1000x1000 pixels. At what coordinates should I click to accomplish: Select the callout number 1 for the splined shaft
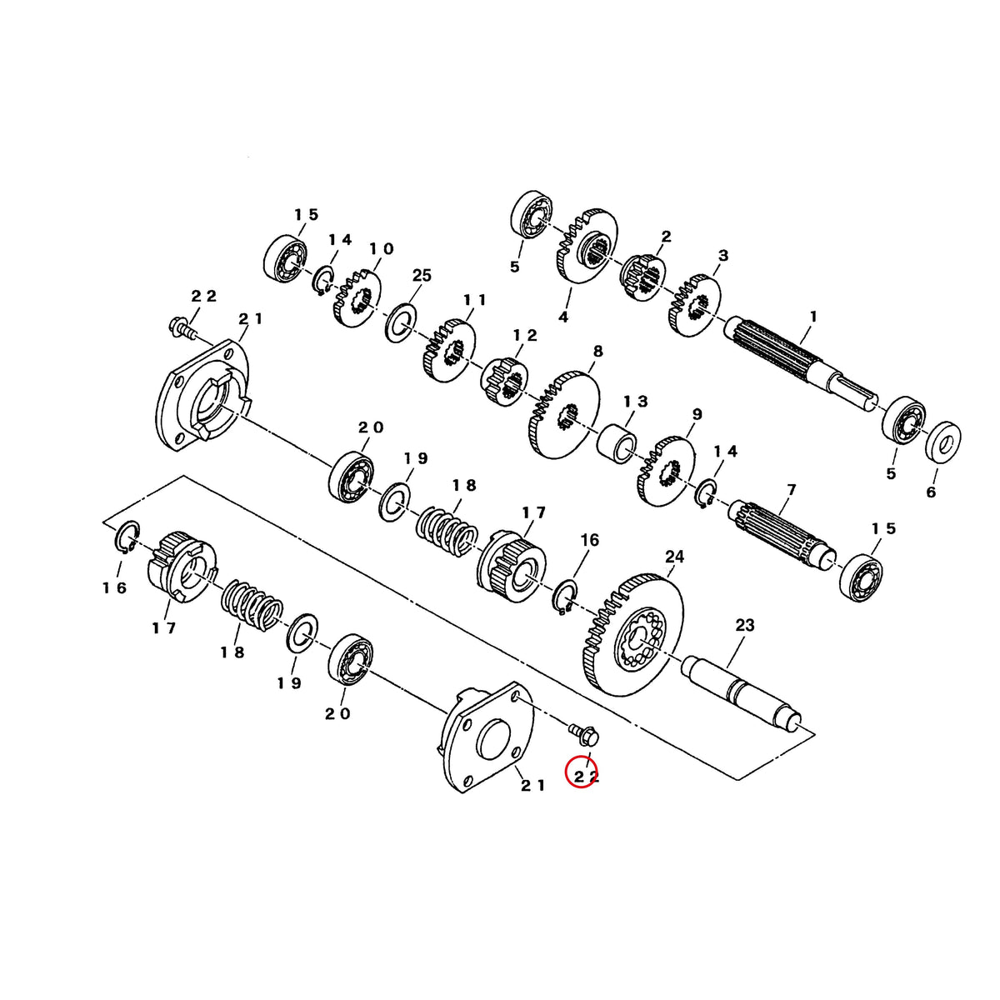(812, 316)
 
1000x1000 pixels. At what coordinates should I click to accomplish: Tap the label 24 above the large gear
(674, 557)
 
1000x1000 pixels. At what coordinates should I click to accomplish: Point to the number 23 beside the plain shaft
(745, 625)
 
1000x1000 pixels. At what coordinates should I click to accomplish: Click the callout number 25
(422, 275)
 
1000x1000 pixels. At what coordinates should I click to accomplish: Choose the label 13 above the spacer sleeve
(636, 401)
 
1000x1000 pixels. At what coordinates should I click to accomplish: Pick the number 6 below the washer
(931, 492)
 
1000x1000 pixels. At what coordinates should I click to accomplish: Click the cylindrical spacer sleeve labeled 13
(617, 440)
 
